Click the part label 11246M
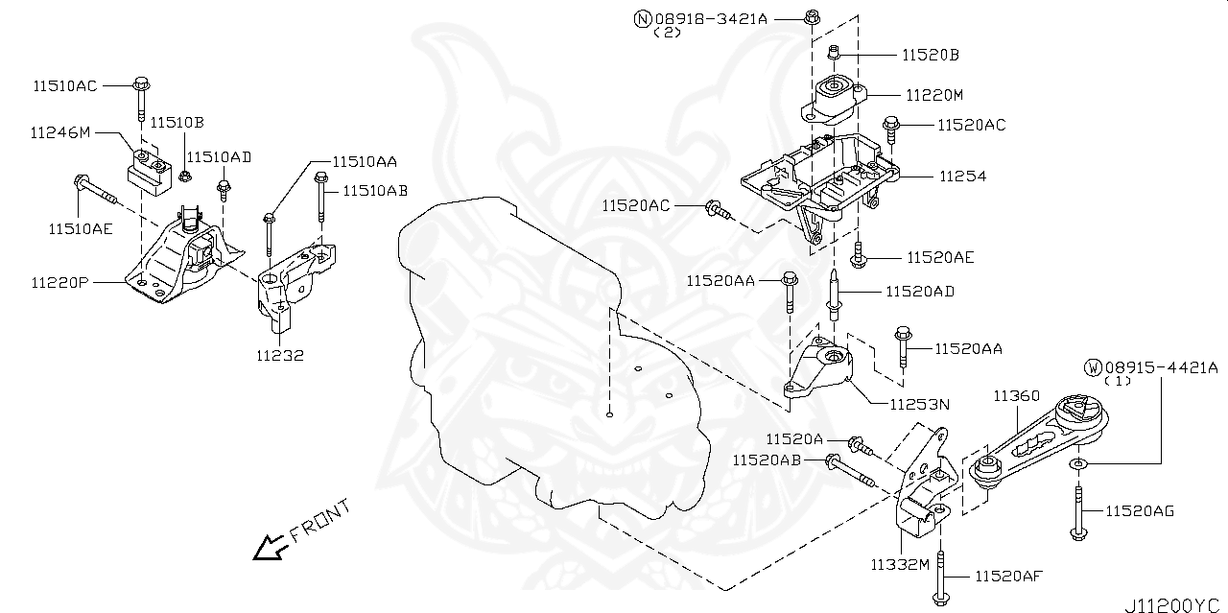[x=59, y=133]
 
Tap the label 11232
[x=279, y=355]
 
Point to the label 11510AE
[x=82, y=227]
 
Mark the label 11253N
[x=918, y=405]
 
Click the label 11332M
[x=899, y=564]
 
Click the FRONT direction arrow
[x=266, y=548]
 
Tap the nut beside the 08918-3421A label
[x=811, y=16]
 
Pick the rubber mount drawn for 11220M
[x=832, y=100]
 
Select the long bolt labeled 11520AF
[x=941, y=580]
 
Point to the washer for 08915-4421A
[x=1077, y=465]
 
